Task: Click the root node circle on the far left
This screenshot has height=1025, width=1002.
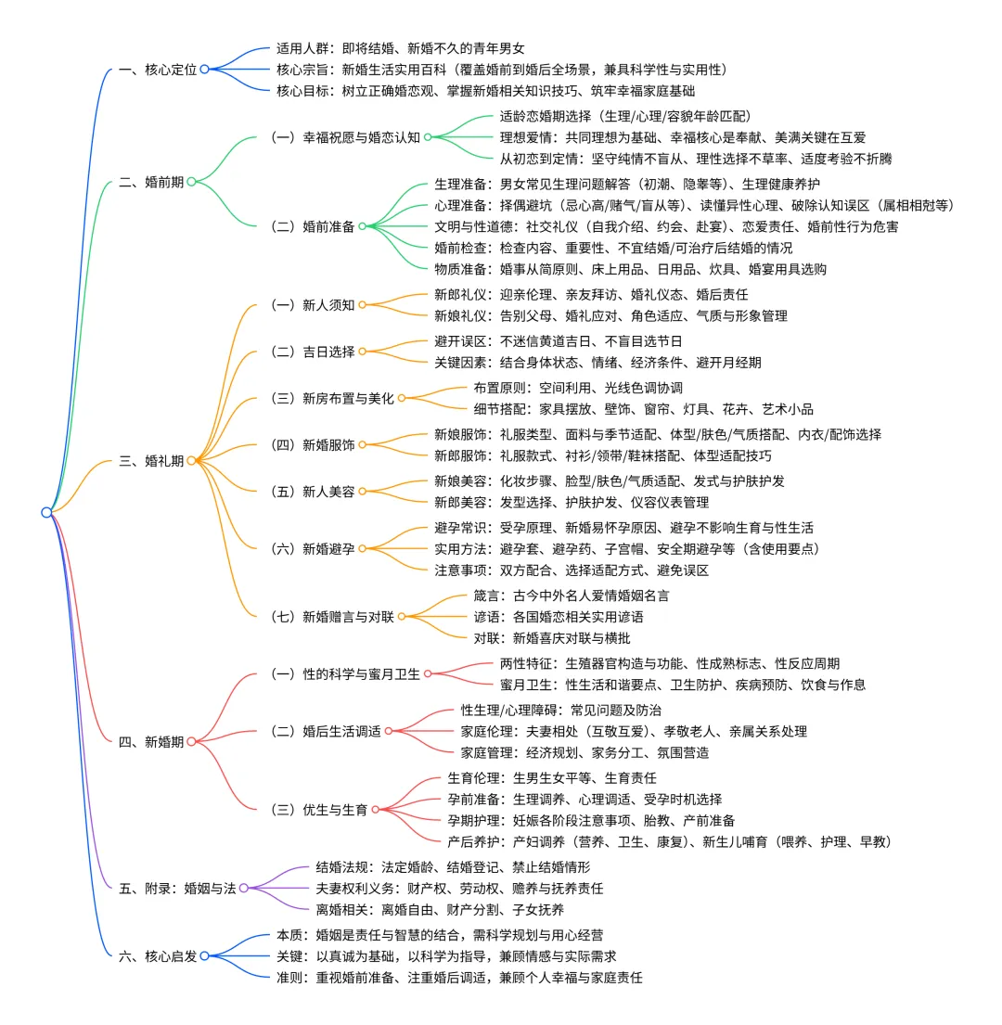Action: click(x=46, y=512)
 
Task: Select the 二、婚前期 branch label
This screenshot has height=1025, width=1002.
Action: click(x=151, y=182)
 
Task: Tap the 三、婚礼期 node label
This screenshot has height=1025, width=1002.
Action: click(x=151, y=461)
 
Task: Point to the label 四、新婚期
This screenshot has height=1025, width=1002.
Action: click(x=151, y=741)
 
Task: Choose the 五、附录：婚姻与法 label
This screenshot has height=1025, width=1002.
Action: click(x=177, y=888)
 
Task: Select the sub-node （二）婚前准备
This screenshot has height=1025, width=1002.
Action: click(x=312, y=226)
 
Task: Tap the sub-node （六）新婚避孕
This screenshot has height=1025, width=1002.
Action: click(x=312, y=548)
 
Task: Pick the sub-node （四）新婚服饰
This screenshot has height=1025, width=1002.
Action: click(x=312, y=444)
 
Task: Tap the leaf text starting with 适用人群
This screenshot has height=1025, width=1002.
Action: click(x=407, y=47)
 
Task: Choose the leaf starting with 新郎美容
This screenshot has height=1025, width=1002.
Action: click(x=572, y=502)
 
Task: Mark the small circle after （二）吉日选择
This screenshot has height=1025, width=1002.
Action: click(x=363, y=352)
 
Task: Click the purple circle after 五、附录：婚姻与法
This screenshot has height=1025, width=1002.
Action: click(x=244, y=888)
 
